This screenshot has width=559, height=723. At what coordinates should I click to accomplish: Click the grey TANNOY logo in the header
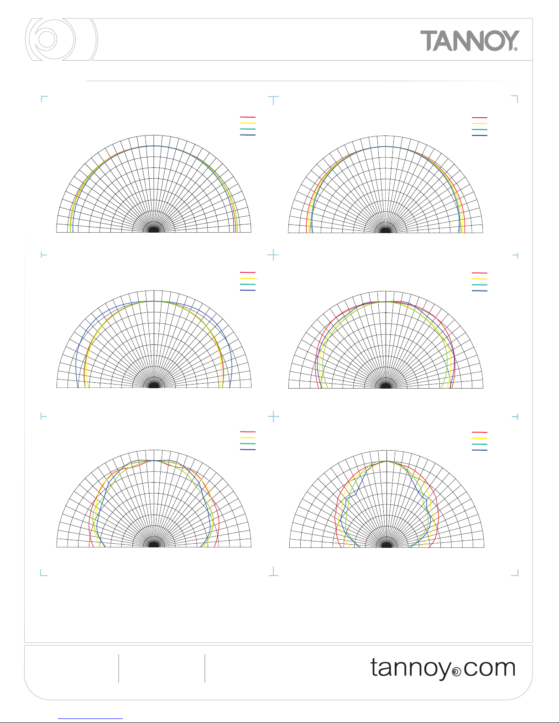click(x=470, y=41)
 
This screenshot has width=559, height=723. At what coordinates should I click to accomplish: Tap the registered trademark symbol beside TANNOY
click(x=516, y=49)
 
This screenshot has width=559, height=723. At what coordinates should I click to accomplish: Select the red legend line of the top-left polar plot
click(x=248, y=117)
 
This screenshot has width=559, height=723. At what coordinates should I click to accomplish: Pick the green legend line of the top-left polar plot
click(x=248, y=129)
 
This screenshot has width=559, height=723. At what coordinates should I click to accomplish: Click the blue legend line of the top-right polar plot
click(x=480, y=135)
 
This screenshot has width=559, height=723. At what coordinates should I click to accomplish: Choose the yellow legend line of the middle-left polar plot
click(x=248, y=279)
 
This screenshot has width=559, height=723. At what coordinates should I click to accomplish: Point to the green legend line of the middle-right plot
click(x=480, y=285)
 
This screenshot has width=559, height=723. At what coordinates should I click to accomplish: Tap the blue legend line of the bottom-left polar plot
click(x=248, y=450)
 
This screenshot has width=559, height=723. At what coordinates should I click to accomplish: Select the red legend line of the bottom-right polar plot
click(x=480, y=432)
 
